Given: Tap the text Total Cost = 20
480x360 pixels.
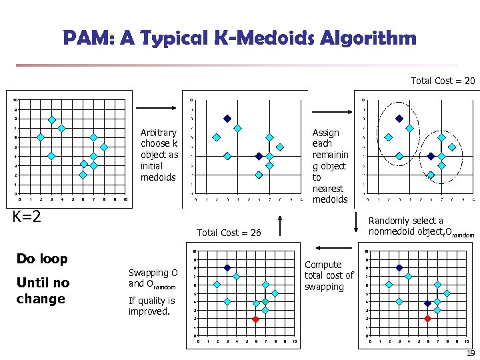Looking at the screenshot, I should (443, 81).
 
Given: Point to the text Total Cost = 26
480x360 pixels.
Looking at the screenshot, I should (229, 233).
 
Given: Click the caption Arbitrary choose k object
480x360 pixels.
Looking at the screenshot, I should (159, 155).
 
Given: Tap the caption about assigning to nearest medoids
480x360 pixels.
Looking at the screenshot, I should (330, 166).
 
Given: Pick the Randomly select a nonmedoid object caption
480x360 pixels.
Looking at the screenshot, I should (421, 227).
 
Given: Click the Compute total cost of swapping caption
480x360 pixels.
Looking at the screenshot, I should (329, 275).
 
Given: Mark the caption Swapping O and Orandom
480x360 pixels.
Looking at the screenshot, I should (153, 278).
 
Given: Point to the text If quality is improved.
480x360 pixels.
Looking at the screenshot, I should (152, 305).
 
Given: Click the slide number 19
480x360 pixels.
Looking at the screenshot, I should (470, 353).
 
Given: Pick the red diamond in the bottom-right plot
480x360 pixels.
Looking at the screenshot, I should (427, 319).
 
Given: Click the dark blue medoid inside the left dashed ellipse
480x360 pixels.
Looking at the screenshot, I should (399, 119).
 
